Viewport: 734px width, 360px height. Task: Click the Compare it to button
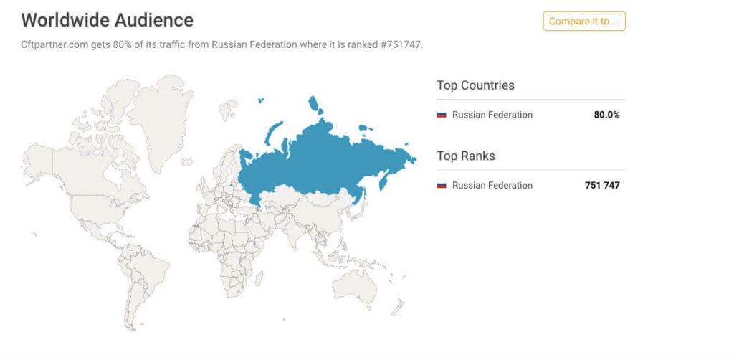(583, 22)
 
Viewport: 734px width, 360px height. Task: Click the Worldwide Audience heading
(107, 20)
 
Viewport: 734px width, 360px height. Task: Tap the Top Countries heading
(475, 85)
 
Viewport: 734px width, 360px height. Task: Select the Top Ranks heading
(466, 156)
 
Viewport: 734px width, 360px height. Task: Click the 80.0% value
(606, 115)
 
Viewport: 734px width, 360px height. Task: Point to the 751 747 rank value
(602, 185)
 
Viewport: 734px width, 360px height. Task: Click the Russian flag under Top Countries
(442, 115)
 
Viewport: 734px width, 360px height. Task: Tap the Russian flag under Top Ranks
(442, 186)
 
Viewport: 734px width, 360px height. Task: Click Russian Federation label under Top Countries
(492, 115)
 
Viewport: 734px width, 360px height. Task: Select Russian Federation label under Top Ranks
(492, 185)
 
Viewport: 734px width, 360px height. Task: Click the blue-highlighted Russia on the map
(323, 158)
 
